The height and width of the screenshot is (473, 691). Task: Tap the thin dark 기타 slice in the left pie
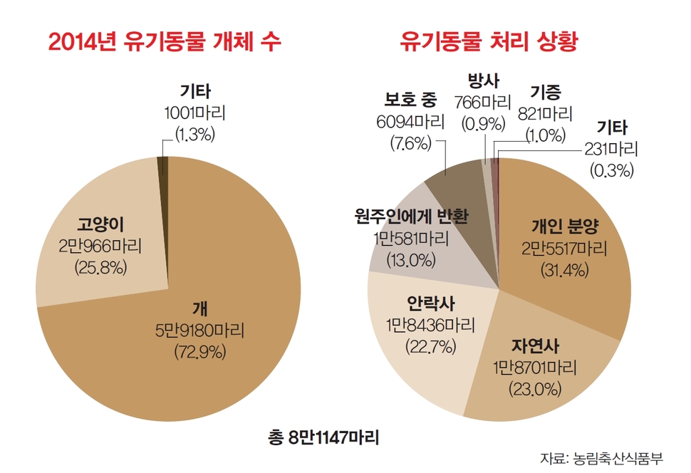(164, 165)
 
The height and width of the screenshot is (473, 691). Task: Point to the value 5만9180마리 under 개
(199, 331)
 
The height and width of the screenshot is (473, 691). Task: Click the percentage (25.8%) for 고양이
(100, 268)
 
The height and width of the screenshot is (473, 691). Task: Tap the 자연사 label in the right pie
(535, 347)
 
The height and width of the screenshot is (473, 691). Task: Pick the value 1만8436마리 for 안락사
(421, 324)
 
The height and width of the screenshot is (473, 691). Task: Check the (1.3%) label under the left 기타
(195, 134)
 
